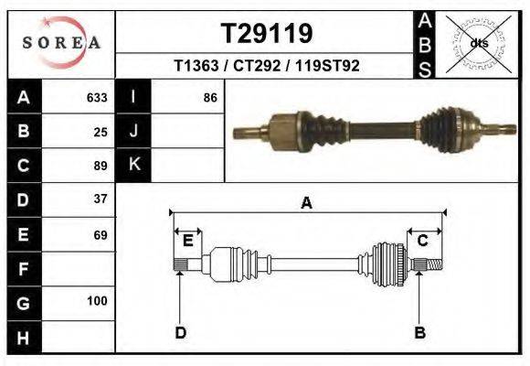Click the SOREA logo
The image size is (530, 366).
click(x=61, y=43)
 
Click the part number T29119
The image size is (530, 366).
click(x=267, y=34)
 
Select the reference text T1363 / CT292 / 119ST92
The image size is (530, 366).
click(x=266, y=66)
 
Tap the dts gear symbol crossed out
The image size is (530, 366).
click(x=480, y=43)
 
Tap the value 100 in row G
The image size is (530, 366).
click(x=97, y=301)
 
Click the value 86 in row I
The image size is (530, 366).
click(x=210, y=97)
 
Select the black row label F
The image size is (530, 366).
click(x=23, y=269)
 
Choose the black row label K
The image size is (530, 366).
click(x=133, y=165)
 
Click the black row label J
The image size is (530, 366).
click(x=133, y=131)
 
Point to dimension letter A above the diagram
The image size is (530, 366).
click(x=306, y=203)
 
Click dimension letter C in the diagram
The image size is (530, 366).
click(x=423, y=241)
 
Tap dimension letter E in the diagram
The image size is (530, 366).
click(x=187, y=241)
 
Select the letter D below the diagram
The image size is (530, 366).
click(x=180, y=332)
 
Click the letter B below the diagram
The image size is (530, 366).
click(x=420, y=332)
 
